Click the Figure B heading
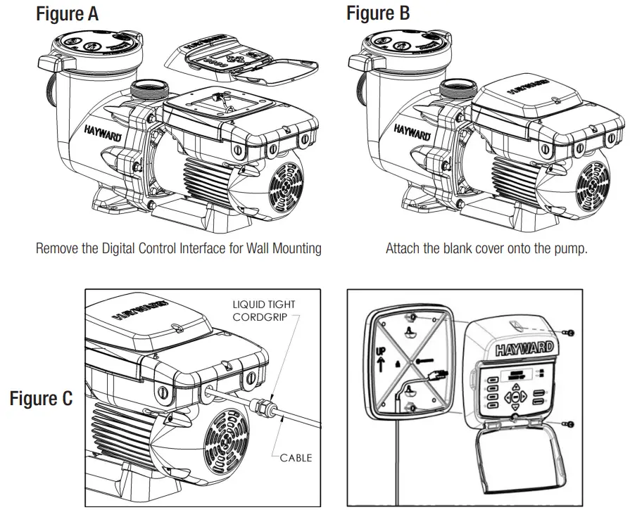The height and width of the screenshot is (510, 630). (378, 13)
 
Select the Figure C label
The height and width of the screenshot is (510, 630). (41, 399)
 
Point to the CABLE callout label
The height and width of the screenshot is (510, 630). (296, 458)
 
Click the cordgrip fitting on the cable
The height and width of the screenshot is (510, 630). (263, 407)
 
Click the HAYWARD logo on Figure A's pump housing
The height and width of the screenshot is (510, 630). (101, 132)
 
